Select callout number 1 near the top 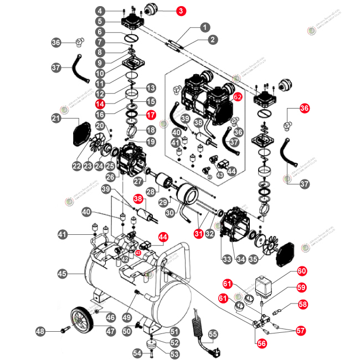204,27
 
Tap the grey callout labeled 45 62,273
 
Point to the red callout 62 238,96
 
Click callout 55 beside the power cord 213,334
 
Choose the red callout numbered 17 151,116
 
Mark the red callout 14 100,104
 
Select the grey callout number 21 56,118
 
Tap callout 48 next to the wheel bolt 40,331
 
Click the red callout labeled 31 199,234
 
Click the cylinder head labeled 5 133,22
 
